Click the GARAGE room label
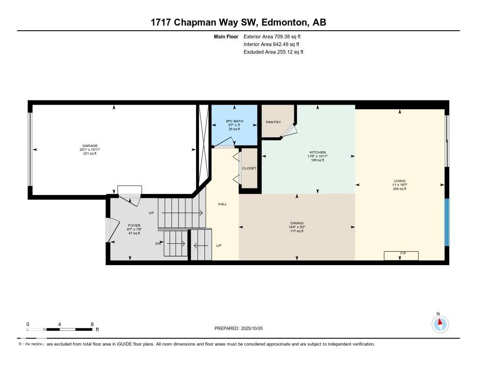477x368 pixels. (90, 146)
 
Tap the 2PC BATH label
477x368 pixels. (234, 121)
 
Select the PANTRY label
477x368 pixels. (273, 122)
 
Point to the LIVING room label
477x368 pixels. (399, 181)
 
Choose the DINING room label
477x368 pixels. (297, 223)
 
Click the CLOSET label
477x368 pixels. (249, 168)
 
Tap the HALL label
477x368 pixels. (223, 204)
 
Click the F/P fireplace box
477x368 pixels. (401, 255)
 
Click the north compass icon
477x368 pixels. (439, 323)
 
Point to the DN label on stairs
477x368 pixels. (158, 243)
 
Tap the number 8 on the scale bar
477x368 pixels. (92, 324)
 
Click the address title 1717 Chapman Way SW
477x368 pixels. (238, 22)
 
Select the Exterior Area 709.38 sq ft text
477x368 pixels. (275, 36)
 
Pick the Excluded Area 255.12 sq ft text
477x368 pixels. (273, 52)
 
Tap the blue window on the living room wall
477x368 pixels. (447, 222)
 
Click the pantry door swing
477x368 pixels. (290, 131)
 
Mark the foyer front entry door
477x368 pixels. (109, 230)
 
